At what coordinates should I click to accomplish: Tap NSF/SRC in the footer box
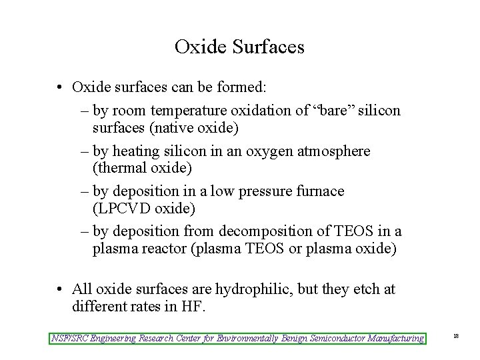69,339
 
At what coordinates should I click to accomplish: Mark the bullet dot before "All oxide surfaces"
60,289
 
